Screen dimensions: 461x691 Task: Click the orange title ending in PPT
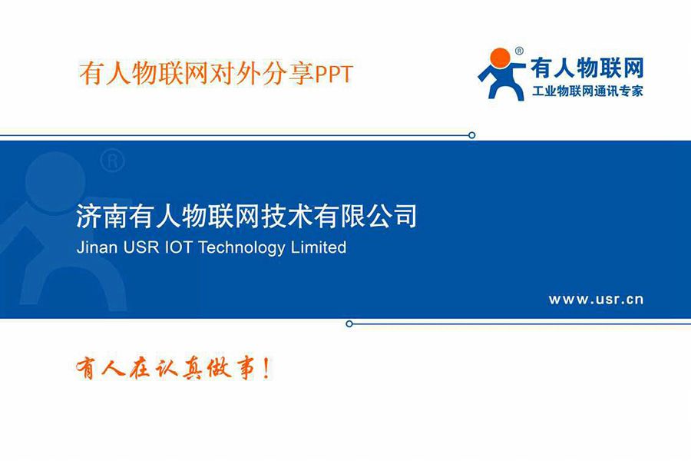tap(216, 74)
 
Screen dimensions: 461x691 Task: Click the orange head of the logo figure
tap(499, 58)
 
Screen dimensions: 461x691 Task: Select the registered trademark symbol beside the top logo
tap(519, 51)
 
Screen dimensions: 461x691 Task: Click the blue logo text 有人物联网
tap(587, 68)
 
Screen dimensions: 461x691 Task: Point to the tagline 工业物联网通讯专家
tap(587, 91)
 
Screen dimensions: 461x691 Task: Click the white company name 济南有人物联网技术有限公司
tap(246, 216)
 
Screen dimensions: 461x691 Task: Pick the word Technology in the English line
tap(242, 249)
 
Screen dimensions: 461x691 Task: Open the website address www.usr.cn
tap(596, 300)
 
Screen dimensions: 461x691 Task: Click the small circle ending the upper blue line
tap(471, 135)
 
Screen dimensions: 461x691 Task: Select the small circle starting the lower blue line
tap(349, 323)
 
